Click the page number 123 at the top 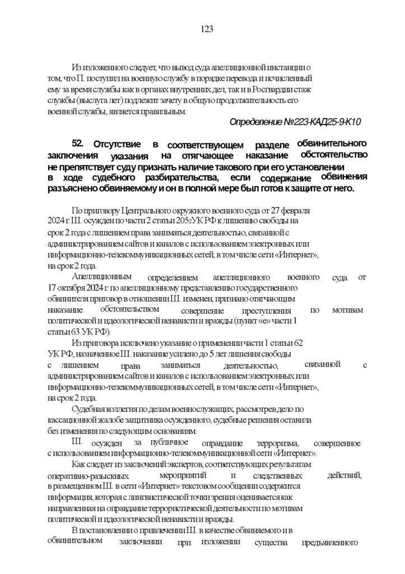(206, 29)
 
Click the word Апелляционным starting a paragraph (101, 277)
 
